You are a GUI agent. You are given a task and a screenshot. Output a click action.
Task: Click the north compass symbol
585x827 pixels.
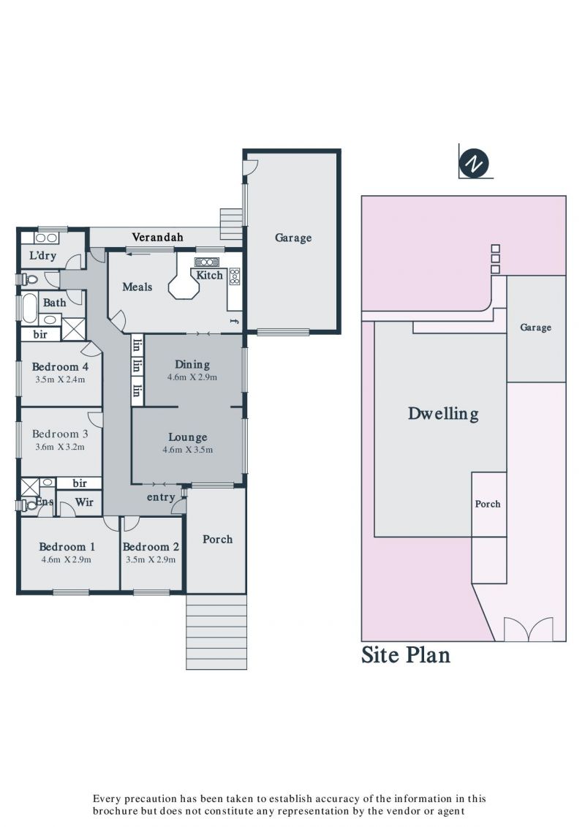(x=474, y=164)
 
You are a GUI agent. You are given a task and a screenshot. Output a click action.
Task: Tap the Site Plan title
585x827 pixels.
(x=406, y=655)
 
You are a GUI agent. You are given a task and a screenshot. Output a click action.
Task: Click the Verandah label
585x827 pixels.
(x=157, y=238)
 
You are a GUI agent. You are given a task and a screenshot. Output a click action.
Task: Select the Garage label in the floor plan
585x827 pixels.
(x=293, y=238)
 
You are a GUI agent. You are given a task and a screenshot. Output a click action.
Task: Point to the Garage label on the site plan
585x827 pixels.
(x=535, y=328)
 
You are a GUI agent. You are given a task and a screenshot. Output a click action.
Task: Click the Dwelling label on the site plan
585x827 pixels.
(x=443, y=414)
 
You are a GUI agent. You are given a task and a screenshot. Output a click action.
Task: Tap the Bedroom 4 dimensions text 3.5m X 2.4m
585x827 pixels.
(x=60, y=379)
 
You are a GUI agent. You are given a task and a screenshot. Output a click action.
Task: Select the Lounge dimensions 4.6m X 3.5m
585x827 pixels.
(x=188, y=450)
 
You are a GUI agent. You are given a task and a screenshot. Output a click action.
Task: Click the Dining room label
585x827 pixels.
(x=192, y=364)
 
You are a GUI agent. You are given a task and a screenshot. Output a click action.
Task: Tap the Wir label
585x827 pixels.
(x=84, y=502)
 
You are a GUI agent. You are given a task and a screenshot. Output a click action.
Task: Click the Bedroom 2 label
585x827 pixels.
(x=151, y=547)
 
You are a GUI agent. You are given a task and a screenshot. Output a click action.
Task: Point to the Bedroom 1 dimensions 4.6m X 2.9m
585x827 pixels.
(x=67, y=559)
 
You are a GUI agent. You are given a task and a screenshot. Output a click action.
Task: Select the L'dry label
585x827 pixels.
(x=42, y=256)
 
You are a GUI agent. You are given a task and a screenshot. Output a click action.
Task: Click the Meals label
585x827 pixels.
(x=137, y=287)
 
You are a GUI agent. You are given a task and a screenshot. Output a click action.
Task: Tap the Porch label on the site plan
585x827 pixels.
(x=488, y=504)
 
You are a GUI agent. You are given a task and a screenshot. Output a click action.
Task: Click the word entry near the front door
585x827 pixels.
(x=161, y=497)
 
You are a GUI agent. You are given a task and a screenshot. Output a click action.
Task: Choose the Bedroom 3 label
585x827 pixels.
(x=60, y=434)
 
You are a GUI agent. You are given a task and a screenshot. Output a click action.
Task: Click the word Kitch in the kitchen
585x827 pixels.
(x=209, y=276)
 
